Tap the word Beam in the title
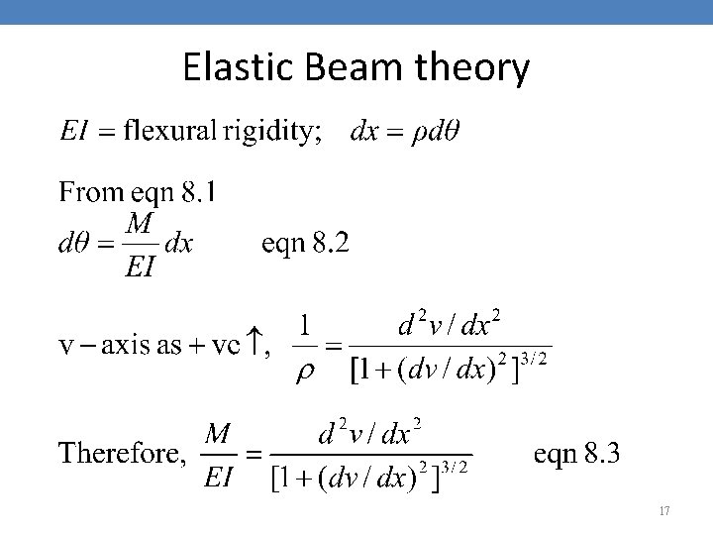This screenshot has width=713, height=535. point(343,68)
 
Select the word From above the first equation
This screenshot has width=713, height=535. point(90,191)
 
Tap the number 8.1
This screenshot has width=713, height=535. point(193,191)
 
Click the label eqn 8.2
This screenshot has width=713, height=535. point(305,243)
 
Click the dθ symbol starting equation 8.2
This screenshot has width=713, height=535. point(74,245)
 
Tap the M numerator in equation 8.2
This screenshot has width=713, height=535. point(142,225)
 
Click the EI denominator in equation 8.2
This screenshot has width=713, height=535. point(140,267)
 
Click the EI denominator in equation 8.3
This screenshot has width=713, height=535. point(218,478)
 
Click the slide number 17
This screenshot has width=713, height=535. point(663,511)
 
